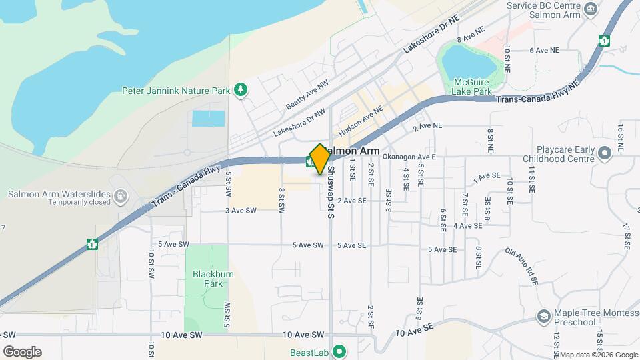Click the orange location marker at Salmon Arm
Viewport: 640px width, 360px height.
320,159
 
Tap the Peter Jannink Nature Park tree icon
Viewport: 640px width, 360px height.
241,90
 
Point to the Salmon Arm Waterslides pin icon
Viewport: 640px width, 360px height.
120,195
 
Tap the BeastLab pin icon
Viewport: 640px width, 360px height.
339,351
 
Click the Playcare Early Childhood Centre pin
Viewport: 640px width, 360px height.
605,154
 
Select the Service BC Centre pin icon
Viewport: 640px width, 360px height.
589,9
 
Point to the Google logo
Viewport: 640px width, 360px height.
22,352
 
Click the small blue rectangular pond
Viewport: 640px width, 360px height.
209,119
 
